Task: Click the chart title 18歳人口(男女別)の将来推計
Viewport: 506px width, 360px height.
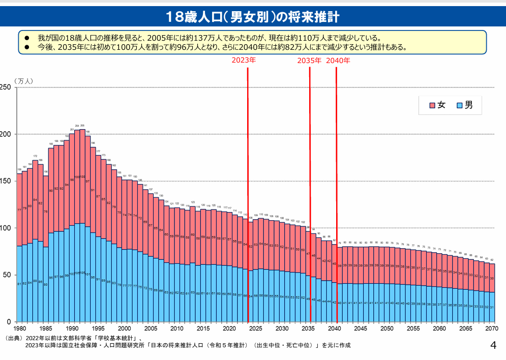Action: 253,17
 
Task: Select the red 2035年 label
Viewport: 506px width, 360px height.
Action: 310,61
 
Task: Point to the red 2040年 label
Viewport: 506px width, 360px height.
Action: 338,61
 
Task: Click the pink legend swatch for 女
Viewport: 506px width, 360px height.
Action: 432,105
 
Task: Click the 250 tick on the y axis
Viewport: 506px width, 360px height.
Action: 6,87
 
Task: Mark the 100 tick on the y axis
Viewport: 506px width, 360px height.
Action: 6,228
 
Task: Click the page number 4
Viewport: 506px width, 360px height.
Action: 492,346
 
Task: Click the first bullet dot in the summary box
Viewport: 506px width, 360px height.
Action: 28,38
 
